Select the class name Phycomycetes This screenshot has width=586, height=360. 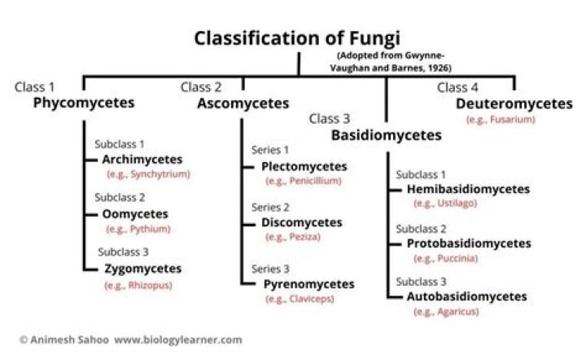coord(84,103)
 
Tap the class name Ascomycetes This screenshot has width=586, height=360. coord(243,103)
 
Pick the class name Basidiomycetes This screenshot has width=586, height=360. coord(386,135)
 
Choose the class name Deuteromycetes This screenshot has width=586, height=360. coord(514,103)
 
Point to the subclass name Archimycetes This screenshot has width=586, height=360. coord(142,159)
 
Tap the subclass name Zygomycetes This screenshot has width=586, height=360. coord(142,268)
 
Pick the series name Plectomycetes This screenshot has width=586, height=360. coord(304,166)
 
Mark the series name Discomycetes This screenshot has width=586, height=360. coord(302,222)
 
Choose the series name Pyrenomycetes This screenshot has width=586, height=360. coord(308,283)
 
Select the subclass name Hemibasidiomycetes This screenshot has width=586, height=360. coord(468,189)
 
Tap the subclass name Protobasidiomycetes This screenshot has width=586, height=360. coord(469,243)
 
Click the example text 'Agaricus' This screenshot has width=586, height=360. coord(444,312)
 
